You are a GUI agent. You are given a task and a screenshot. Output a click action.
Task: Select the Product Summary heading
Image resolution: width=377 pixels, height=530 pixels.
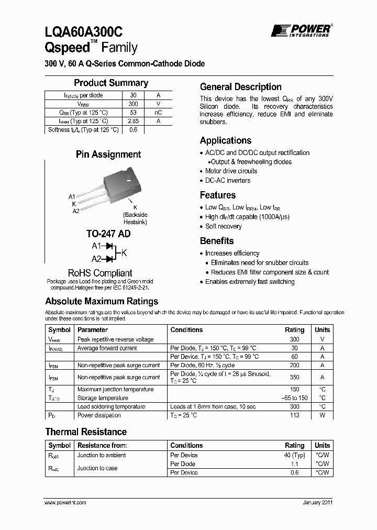pyautogui.click(x=111, y=83)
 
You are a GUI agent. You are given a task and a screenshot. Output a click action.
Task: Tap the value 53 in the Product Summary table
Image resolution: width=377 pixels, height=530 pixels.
pyautogui.click(x=133, y=113)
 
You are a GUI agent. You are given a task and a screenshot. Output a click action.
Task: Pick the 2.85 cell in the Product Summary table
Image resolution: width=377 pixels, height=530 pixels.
pyautogui.click(x=133, y=121)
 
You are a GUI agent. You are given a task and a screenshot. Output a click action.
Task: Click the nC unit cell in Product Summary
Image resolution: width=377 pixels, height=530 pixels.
pyautogui.click(x=158, y=113)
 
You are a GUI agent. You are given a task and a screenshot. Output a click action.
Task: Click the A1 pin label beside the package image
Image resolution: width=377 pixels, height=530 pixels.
pyautogui.click(x=72, y=196)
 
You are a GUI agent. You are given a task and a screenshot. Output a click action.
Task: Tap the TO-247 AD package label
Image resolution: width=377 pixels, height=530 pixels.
pyautogui.click(x=108, y=234)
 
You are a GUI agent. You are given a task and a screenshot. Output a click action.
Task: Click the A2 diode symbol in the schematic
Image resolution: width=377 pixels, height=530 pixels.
pyautogui.click(x=109, y=259)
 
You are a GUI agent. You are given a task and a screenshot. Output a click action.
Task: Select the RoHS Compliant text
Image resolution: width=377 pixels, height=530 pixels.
pyautogui.click(x=100, y=273)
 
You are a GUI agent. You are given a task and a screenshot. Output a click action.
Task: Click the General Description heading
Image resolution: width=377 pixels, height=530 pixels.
pyautogui.click(x=241, y=87)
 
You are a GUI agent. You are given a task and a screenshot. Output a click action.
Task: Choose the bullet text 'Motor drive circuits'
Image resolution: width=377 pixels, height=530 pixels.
pyautogui.click(x=231, y=171)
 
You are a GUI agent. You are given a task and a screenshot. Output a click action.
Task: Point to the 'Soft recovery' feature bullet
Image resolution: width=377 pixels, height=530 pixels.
pyautogui.click(x=223, y=226)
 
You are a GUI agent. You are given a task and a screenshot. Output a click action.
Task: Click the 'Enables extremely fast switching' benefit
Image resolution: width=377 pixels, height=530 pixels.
pyautogui.click(x=250, y=282)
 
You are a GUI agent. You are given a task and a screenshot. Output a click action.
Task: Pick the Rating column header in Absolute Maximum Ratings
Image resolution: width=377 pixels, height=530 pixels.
pyautogui.click(x=294, y=330)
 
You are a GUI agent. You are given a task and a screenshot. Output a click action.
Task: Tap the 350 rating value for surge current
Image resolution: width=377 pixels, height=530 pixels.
pyautogui.click(x=294, y=377)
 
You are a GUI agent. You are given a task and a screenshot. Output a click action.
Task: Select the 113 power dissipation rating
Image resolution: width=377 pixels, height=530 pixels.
pyautogui.click(x=294, y=415)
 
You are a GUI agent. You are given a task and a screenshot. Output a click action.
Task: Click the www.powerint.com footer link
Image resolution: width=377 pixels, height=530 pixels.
pyautogui.click(x=65, y=502)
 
